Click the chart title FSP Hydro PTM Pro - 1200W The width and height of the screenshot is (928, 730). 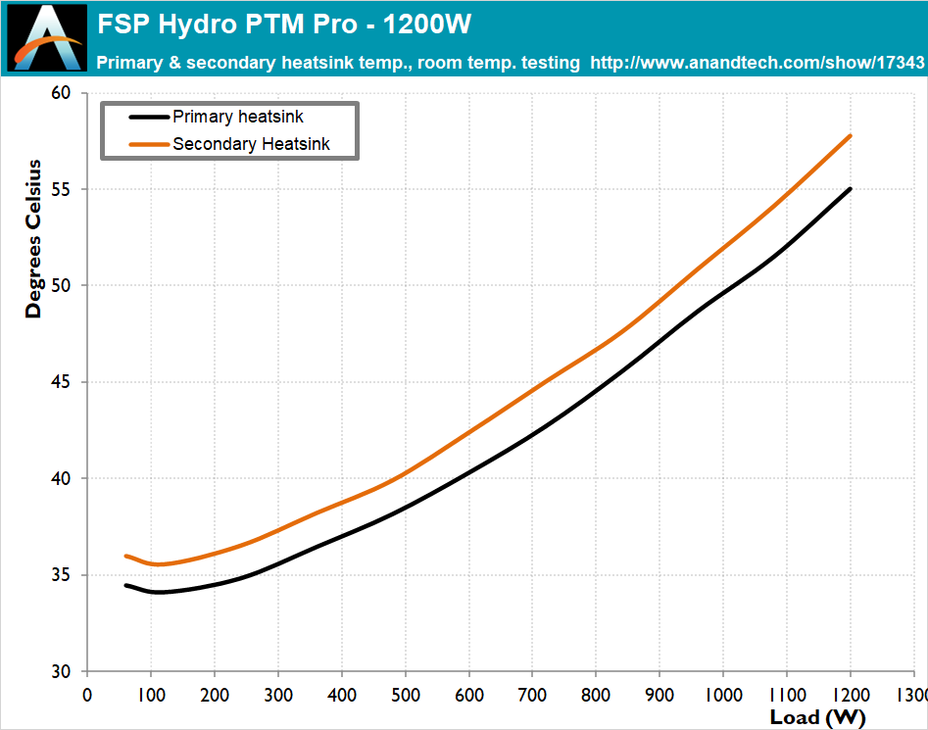click(x=284, y=24)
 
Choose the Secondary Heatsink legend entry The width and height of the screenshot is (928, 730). click(x=251, y=144)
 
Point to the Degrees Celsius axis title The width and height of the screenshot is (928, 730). click(x=34, y=238)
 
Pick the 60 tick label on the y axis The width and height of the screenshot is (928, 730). click(x=62, y=93)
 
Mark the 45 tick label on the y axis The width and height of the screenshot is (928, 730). click(x=62, y=382)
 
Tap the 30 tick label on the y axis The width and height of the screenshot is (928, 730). click(x=62, y=672)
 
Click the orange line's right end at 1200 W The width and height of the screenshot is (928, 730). click(x=850, y=135)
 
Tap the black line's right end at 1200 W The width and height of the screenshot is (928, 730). click(x=850, y=189)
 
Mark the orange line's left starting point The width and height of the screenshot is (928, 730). click(x=125, y=556)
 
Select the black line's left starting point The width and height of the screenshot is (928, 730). click(x=125, y=585)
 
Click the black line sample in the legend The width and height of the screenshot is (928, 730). click(x=149, y=117)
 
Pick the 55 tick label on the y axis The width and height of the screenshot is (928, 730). click(x=62, y=189)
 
